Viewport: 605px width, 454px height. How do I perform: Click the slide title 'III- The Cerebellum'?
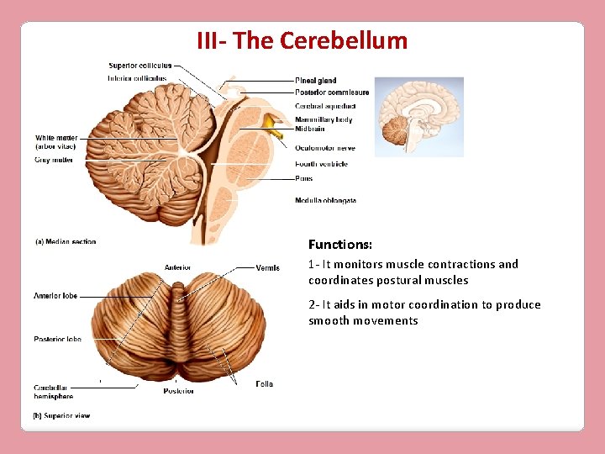(302, 40)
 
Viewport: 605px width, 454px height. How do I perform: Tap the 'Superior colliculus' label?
(140, 66)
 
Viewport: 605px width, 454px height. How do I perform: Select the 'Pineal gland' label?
(316, 81)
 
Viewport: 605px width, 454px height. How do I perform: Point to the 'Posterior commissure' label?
(332, 92)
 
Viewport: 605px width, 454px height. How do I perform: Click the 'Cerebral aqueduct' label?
(325, 106)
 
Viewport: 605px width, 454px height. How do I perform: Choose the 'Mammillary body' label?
(324, 119)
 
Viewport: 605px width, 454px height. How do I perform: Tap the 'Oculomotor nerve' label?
(324, 148)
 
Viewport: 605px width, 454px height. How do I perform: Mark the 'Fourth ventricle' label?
(321, 164)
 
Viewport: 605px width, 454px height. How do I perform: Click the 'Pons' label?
(303, 178)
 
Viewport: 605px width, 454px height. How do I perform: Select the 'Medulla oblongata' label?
(325, 201)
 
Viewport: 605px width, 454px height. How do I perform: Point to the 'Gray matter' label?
(54, 160)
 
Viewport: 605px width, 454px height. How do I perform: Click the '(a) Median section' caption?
(66, 242)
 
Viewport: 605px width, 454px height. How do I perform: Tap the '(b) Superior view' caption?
(61, 415)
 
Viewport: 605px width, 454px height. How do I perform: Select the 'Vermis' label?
(268, 268)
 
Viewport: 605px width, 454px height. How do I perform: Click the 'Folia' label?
(264, 384)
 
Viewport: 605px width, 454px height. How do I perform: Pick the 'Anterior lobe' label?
(55, 296)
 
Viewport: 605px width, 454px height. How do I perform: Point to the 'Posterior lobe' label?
(57, 340)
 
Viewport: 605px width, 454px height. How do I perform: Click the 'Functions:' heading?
(339, 245)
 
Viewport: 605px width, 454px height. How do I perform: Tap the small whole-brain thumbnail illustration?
(418, 117)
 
